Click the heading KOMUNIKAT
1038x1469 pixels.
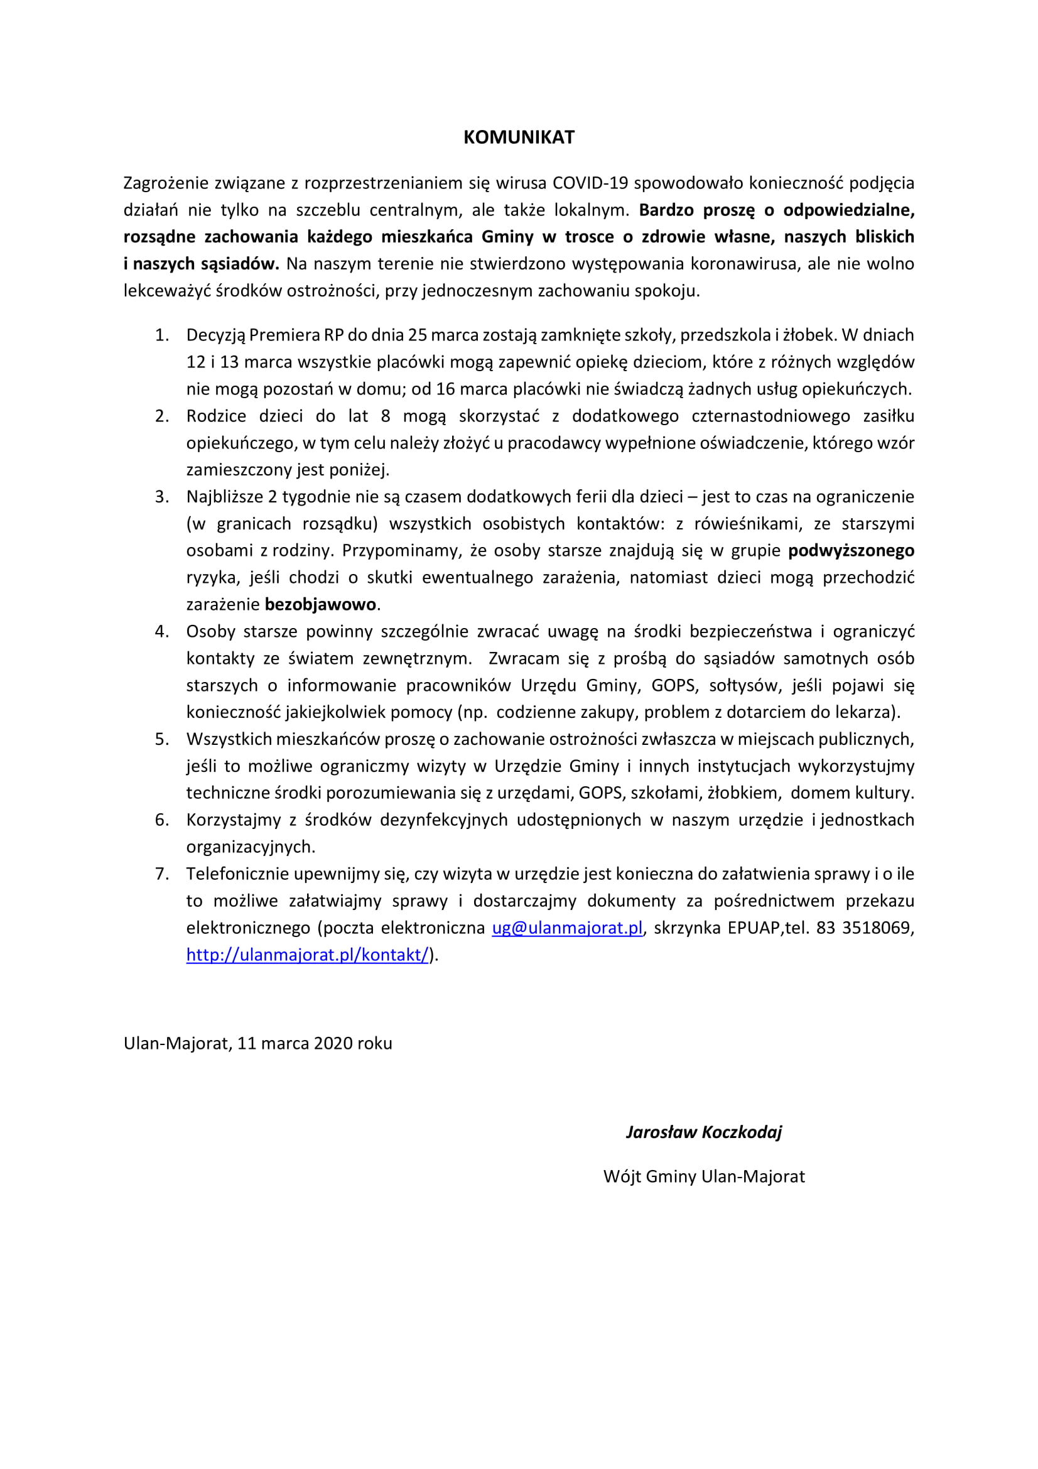coord(519,138)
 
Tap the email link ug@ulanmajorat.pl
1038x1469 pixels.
coord(566,928)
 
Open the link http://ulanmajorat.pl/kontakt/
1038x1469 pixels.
coord(307,955)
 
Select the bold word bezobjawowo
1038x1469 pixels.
coord(320,605)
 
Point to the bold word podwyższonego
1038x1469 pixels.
coord(851,551)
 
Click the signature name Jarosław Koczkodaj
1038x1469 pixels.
coord(703,1132)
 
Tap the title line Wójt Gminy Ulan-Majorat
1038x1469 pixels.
coord(703,1176)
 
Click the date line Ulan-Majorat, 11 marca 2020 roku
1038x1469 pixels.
coord(257,1044)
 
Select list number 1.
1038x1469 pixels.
coord(162,335)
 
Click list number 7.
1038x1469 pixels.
coord(162,875)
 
